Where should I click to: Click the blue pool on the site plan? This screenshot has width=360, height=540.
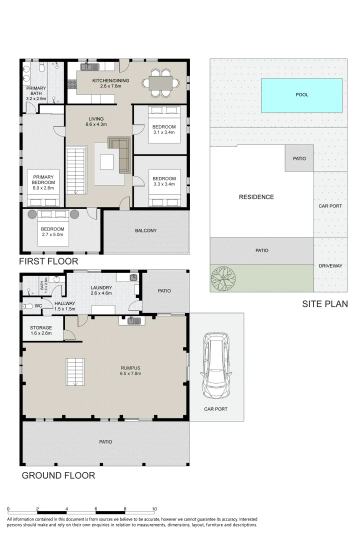[x=301, y=95]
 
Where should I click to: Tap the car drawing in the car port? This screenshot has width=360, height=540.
[x=216, y=365]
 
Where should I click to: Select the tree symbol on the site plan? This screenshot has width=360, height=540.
[x=223, y=277]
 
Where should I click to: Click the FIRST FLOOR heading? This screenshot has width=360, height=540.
[x=48, y=261]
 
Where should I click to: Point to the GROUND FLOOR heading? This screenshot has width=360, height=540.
[x=58, y=475]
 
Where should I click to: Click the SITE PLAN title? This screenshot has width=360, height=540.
[x=325, y=304]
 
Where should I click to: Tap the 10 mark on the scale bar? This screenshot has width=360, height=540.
[x=154, y=508]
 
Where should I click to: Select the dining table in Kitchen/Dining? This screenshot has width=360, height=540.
[x=161, y=82]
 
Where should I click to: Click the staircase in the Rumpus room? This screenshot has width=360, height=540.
[x=75, y=372]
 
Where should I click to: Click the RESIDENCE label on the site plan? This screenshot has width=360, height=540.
[x=256, y=197]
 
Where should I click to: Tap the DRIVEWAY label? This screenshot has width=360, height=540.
[x=330, y=266]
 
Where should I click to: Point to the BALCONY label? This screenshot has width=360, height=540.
[x=145, y=230]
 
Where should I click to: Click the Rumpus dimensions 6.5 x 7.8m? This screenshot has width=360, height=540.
[x=130, y=373]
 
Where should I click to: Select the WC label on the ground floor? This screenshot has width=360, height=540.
[x=38, y=306]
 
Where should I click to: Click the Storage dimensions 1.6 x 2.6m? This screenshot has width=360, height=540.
[x=41, y=333]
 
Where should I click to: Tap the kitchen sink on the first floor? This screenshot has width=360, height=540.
[x=89, y=66]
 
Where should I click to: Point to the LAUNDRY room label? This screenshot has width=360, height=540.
[x=101, y=287]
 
